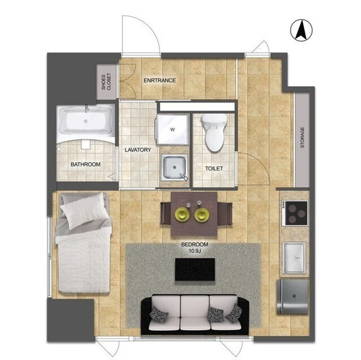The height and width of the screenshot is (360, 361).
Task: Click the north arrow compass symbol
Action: [x=301, y=30]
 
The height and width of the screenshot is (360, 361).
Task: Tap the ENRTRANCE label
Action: [x=160, y=81]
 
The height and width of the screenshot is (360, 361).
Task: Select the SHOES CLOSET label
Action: [x=106, y=82]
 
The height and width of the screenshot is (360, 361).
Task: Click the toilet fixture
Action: [x=214, y=132]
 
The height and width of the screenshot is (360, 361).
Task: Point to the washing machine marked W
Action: [x=173, y=130]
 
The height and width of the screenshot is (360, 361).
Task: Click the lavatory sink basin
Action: [x=174, y=167]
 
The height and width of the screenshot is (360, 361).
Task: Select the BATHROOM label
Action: [x=85, y=165]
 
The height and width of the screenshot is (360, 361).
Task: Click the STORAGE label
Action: [x=302, y=137]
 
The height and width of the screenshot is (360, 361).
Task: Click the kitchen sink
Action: [x=294, y=257]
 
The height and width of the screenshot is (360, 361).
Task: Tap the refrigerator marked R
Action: [x=293, y=296]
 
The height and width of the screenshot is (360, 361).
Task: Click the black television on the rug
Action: [x=195, y=269]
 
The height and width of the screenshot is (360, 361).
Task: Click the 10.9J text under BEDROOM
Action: [x=195, y=251]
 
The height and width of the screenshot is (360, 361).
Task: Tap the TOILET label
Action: [x=214, y=168]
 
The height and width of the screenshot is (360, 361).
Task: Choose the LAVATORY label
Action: [x=138, y=150]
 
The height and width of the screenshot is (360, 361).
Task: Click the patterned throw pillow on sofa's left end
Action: [x=156, y=314]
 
